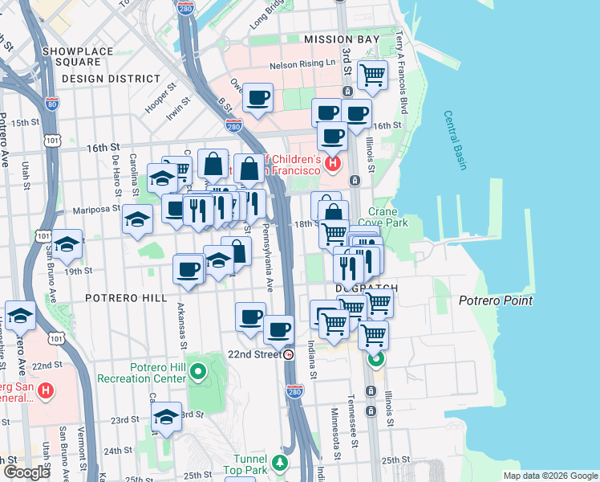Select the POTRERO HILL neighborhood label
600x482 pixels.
click(127, 297)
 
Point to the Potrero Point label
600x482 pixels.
click(496, 301)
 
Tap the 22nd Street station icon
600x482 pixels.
click(289, 354)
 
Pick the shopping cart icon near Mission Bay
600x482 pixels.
click(372, 76)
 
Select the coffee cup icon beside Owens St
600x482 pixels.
click(257, 99)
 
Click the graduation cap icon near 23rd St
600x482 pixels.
click(166, 416)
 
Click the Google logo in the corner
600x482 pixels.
click(26, 472)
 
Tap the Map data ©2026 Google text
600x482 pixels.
click(549, 476)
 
